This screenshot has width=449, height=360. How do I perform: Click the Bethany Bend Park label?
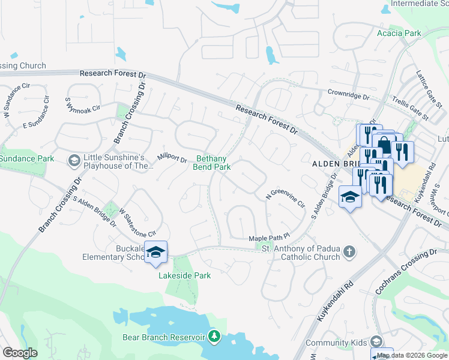pyautogui.click(x=211, y=163)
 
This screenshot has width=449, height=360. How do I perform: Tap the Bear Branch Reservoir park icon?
pyautogui.click(x=214, y=337)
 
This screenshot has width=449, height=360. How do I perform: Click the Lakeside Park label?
pyautogui.click(x=176, y=276)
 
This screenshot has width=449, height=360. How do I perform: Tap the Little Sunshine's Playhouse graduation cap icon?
pyautogui.click(x=74, y=160)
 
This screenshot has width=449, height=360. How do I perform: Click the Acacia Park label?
pyautogui.click(x=399, y=33)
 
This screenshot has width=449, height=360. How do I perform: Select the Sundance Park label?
pyautogui.click(x=27, y=158)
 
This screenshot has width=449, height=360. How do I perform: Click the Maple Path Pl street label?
pyautogui.click(x=270, y=238)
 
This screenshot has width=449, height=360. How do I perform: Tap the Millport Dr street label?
pyautogui.click(x=172, y=157)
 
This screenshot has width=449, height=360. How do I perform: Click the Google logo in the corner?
pyautogui.click(x=20, y=353)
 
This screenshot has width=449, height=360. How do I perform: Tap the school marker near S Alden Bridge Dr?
pyautogui.click(x=350, y=196)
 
